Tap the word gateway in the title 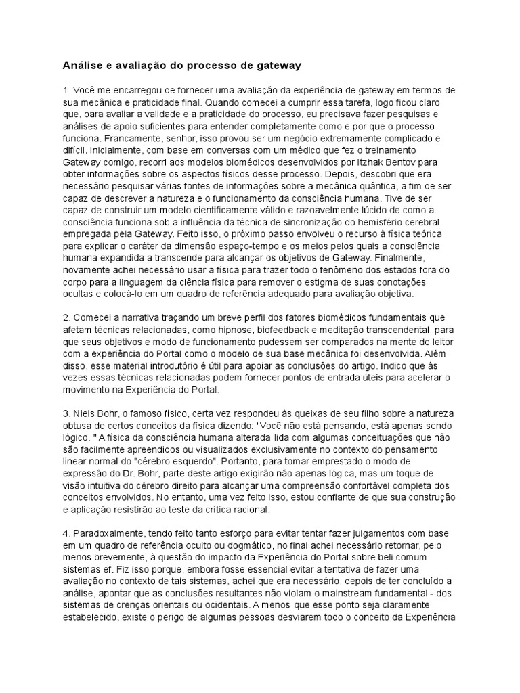[274, 66]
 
